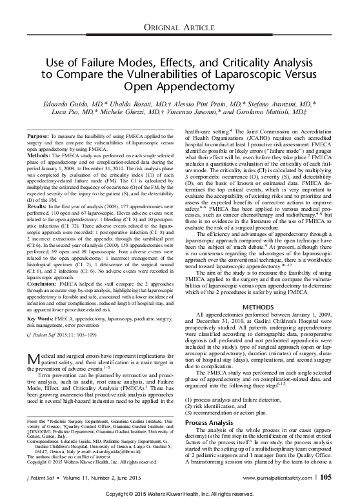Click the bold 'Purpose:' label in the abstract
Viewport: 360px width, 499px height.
tap(41, 137)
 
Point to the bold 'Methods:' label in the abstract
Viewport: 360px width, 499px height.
tap(42, 156)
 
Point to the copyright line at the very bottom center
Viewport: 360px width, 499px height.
tap(180, 493)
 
